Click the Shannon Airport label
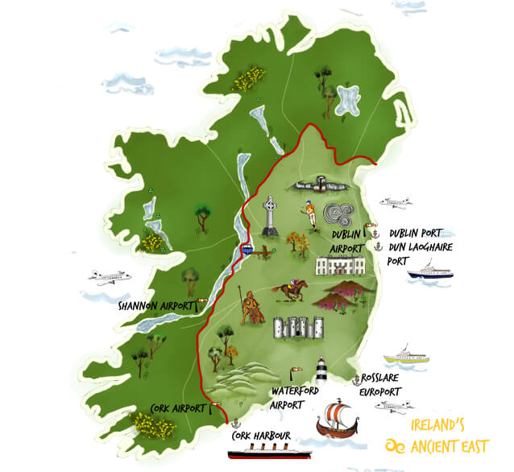coord(155,306)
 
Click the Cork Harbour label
coord(255,437)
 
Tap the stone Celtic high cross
coord(269,217)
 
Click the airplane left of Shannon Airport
coord(109,277)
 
